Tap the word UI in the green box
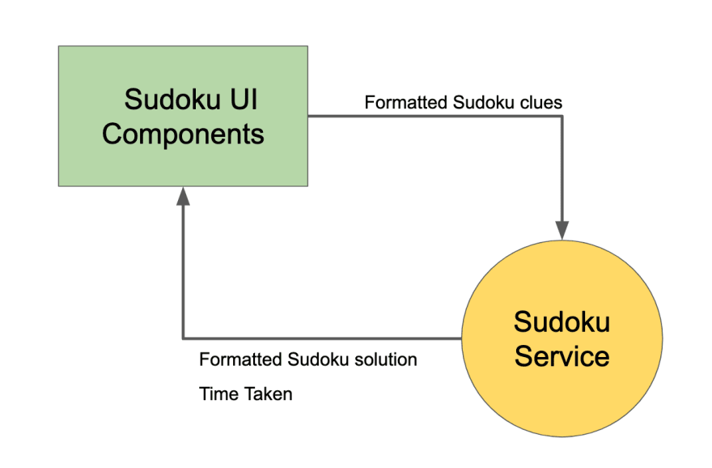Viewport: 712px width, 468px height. tap(244, 99)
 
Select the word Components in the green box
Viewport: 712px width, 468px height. tap(183, 134)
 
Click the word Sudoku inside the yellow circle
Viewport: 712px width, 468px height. tap(562, 321)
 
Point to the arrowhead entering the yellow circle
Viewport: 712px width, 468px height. tap(562, 230)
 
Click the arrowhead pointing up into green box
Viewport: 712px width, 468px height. tap(183, 196)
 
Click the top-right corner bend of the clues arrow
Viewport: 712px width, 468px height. tap(562, 117)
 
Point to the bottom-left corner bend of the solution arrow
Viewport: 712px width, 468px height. tap(183, 338)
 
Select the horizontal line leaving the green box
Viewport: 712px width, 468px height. tap(435, 117)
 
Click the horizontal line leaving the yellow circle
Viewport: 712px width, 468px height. tap(322, 338)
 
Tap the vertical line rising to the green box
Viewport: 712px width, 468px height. tap(183, 272)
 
